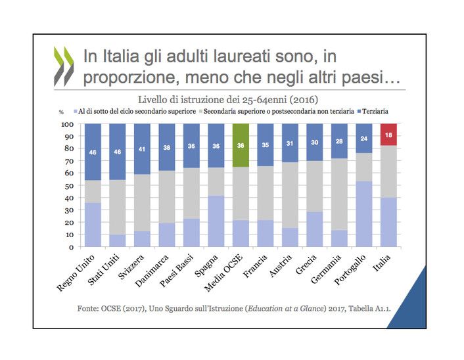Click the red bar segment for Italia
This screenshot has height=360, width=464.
(x=389, y=134)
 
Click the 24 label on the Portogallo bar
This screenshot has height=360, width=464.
(x=364, y=139)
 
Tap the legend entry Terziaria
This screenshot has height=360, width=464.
(x=375, y=113)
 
